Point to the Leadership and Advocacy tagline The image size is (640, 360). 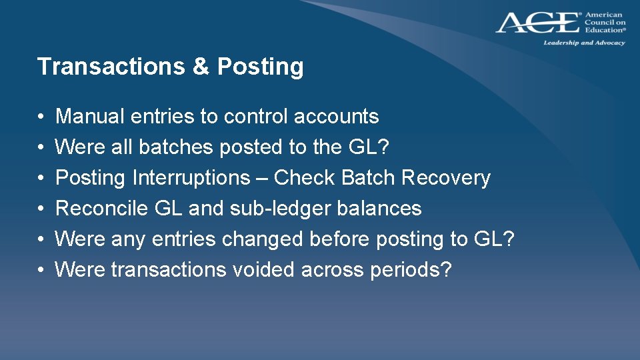[x=584, y=43]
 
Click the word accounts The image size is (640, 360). [x=337, y=117]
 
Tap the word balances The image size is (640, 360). [x=379, y=209]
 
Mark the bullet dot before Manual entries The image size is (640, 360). [x=41, y=117]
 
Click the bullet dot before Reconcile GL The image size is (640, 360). [x=41, y=209]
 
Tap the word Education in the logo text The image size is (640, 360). [x=604, y=30]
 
